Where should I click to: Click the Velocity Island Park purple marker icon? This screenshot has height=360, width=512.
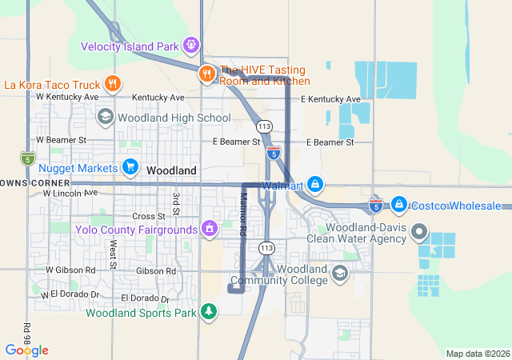click(x=191, y=45)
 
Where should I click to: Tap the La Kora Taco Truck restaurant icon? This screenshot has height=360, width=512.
click(x=113, y=83)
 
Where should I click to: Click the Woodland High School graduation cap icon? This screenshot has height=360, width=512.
click(x=105, y=118)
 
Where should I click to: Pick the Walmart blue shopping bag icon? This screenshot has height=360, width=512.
click(x=316, y=186)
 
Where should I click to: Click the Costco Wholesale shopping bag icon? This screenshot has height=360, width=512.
click(x=399, y=206)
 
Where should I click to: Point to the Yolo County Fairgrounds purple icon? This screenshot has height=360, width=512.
click(x=210, y=230)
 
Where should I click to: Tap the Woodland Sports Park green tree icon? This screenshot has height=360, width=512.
click(x=209, y=311)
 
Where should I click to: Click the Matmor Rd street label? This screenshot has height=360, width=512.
click(x=242, y=214)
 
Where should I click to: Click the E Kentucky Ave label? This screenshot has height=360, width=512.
click(x=330, y=99)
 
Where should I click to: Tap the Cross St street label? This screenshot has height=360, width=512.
click(x=149, y=216)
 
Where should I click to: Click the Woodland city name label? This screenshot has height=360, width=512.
click(x=171, y=171)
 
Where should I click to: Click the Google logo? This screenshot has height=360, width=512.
click(x=26, y=350)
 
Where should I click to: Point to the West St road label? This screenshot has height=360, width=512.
click(x=114, y=254)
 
